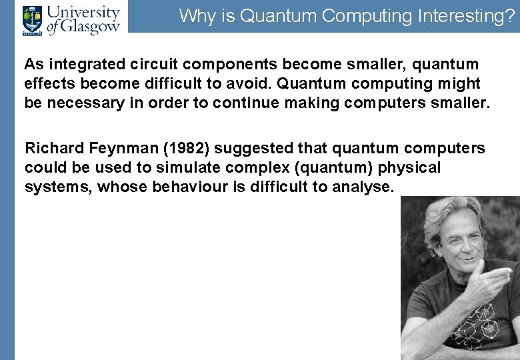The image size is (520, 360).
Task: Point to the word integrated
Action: tap(81, 65)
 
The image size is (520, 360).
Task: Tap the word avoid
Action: tap(250, 84)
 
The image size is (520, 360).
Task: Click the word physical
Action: tap(409, 167)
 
